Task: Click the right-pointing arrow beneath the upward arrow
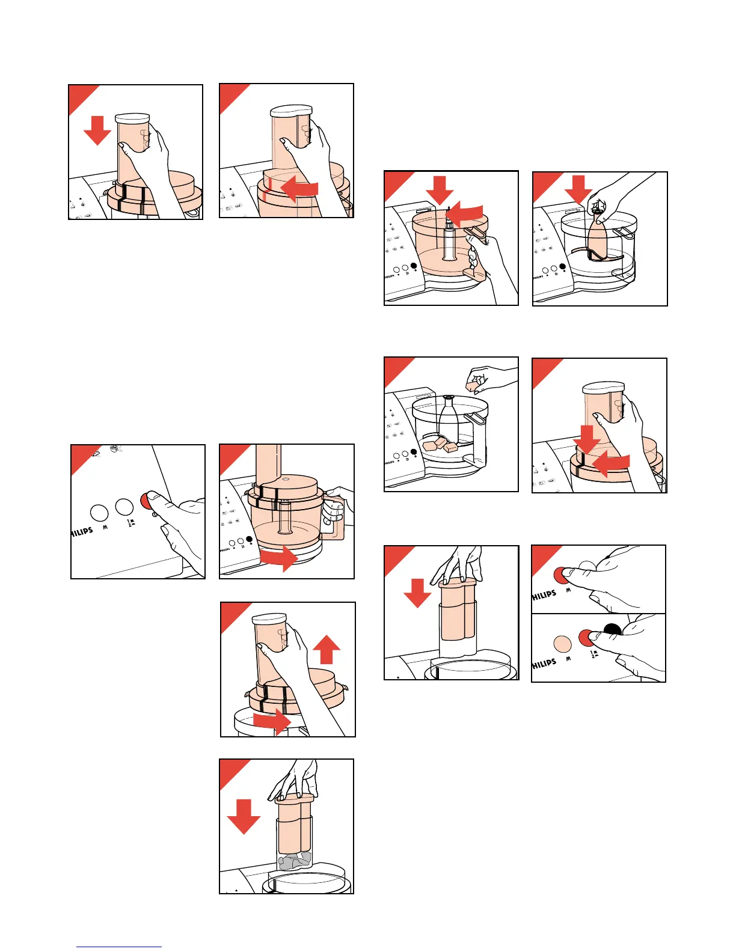(x=274, y=722)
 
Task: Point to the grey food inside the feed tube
(x=295, y=860)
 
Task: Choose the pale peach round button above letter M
(x=562, y=644)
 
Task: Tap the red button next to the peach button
(x=586, y=638)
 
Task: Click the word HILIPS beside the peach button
(x=544, y=664)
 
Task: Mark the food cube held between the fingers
(x=474, y=382)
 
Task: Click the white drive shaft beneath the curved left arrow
(x=449, y=240)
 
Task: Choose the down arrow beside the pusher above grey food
(x=244, y=816)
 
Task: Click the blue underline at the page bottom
(x=118, y=947)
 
